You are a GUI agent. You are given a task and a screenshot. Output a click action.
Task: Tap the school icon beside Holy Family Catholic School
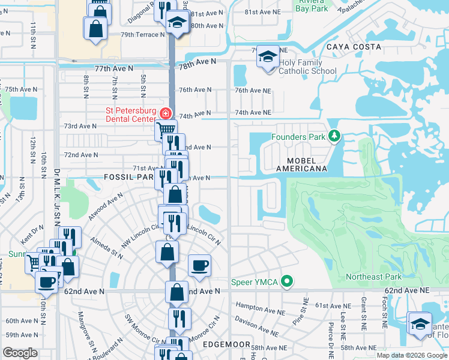click(268, 58)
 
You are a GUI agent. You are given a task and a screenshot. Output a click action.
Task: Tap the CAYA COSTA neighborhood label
click(354, 47)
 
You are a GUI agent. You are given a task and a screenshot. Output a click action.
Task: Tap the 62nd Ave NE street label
click(408, 290)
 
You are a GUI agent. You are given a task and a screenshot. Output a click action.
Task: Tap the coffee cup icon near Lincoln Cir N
click(199, 265)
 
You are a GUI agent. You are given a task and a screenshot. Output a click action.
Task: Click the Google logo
click(20, 353)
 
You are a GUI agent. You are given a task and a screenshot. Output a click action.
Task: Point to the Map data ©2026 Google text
click(412, 355)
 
